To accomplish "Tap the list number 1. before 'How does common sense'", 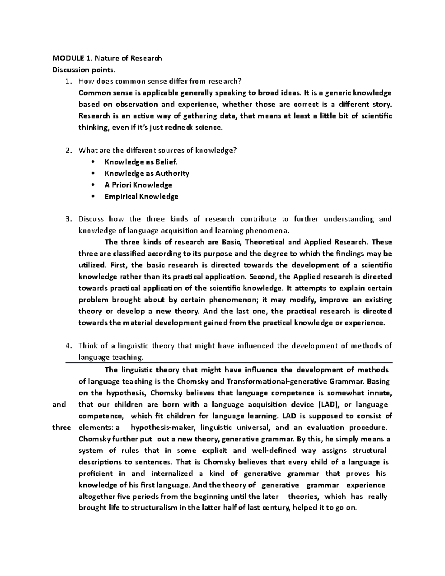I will click(x=68, y=81).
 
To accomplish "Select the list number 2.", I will click(x=68, y=150).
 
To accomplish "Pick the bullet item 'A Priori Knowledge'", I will click(x=138, y=185).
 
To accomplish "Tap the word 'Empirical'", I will click(x=121, y=196).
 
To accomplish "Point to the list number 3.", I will click(x=68, y=219).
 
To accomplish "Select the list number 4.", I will click(x=68, y=346).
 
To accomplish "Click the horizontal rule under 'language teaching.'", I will click(x=228, y=363).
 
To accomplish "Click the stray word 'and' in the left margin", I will click(x=59, y=404).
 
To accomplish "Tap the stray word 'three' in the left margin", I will click(x=62, y=427).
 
